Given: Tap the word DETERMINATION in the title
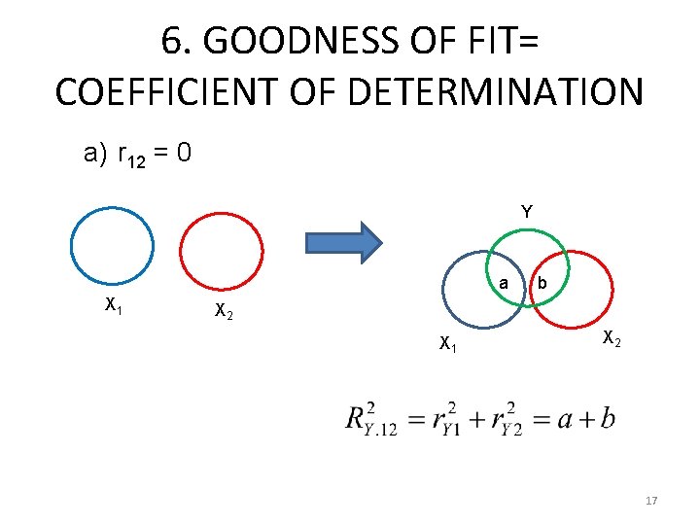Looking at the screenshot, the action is coord(510,92).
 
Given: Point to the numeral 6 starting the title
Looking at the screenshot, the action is coord(171,41).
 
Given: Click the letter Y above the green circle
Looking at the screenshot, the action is coord(526,211).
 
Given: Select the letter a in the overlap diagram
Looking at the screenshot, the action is coord(503,283).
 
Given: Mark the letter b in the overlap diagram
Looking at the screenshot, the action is coord(542,283).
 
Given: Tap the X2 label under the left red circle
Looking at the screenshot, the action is coord(223,311).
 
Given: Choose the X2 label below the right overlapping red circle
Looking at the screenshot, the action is coord(612,339).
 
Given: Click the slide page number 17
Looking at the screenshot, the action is coord(651,501).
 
